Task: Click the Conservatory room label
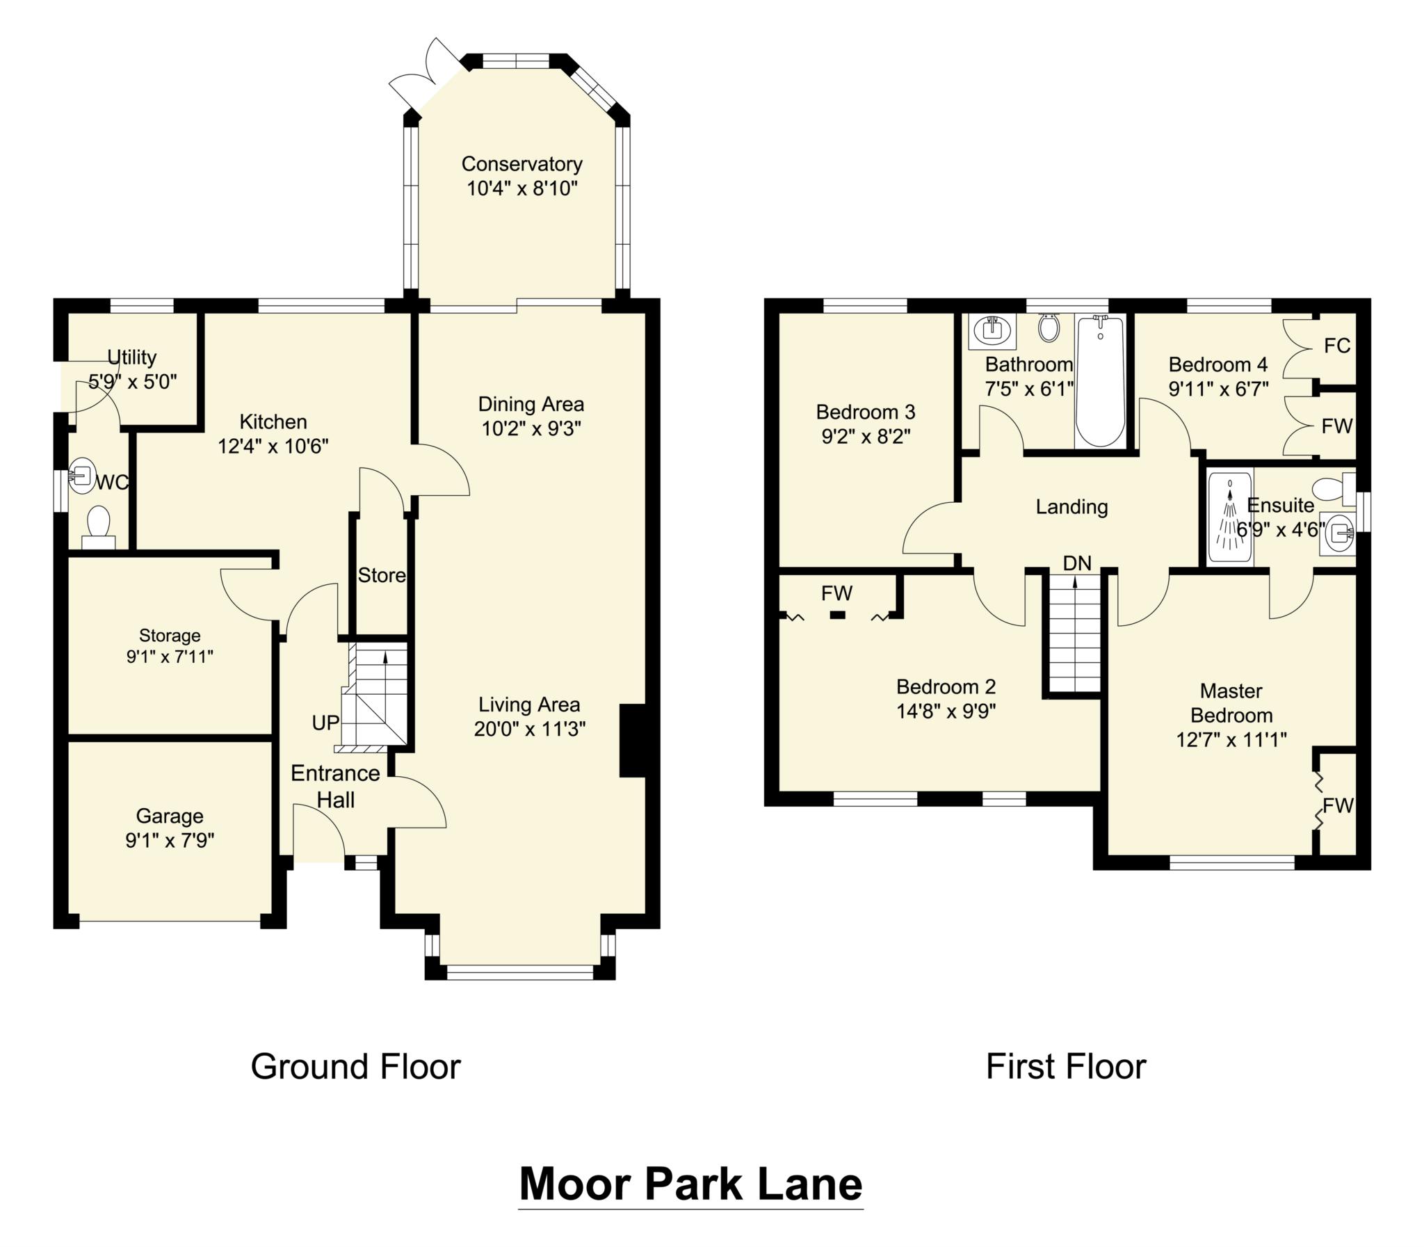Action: point(521,164)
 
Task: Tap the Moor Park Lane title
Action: point(690,1184)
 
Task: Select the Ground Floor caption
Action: point(355,1066)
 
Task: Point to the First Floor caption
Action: point(1065,1066)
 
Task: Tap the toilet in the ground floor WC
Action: point(98,526)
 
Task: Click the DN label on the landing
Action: point(1077,563)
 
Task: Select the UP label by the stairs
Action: point(325,723)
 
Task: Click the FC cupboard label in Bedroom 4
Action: point(1336,346)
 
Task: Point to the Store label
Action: point(381,574)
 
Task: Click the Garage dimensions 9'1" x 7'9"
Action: point(170,841)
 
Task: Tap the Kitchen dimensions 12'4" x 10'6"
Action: point(273,446)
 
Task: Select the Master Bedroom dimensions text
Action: point(1231,740)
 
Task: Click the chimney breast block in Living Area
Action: point(632,741)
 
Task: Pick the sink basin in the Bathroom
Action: point(992,330)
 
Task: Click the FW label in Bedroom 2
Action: point(836,593)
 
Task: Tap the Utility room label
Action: point(131,357)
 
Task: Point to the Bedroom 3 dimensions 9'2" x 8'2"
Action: point(866,436)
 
